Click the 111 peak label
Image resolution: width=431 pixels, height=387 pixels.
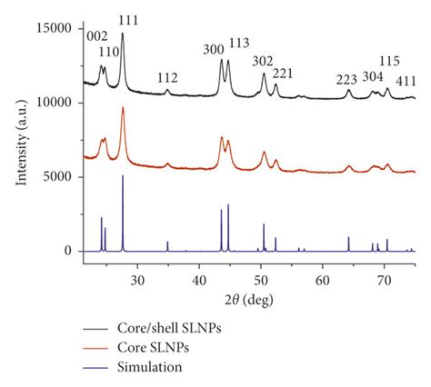coord(124,19)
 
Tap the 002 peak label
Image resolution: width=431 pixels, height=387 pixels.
coord(96,35)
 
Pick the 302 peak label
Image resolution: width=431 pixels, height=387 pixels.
coord(263,62)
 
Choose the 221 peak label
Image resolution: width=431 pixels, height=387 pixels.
coord(284,73)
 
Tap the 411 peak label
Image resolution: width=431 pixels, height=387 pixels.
coord(405,81)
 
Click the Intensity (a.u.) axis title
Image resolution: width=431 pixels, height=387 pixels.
coord(21,140)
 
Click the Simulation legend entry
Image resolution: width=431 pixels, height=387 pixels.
coord(169,367)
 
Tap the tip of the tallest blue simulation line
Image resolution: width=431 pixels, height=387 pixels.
coord(123,175)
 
